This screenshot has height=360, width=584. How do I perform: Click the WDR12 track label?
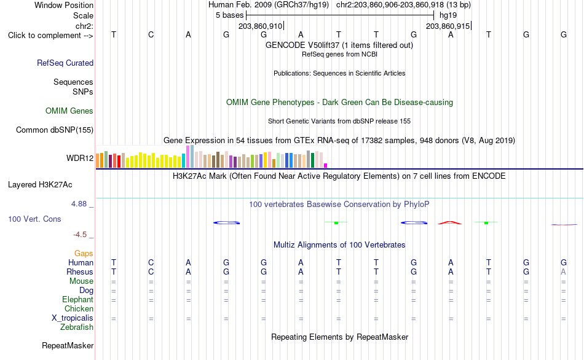[x=80, y=158]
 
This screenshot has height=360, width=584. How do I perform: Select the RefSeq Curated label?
[x=65, y=63]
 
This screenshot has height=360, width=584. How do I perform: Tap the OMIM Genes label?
[x=69, y=111]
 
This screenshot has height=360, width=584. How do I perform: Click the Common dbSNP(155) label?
[x=54, y=130]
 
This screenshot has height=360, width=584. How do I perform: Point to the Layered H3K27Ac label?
[x=40, y=185]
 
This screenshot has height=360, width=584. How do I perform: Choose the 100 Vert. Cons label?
[x=34, y=219]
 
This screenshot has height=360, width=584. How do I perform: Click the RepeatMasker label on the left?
[x=68, y=345]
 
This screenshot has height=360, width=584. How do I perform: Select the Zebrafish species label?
[x=77, y=327]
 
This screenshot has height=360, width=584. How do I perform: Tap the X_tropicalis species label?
[x=73, y=318]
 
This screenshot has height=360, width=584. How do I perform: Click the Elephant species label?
[x=77, y=300]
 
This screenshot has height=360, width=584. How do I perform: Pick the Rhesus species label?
[x=80, y=272]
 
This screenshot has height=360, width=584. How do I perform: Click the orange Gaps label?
[x=84, y=254]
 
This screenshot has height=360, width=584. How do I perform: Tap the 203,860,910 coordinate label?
[x=261, y=26]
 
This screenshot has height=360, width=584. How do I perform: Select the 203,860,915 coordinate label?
[x=448, y=26]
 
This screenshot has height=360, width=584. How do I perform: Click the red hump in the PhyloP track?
[x=450, y=222]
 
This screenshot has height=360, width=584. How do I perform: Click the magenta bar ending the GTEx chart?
[x=326, y=166]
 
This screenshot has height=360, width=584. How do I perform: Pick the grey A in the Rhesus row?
[x=563, y=272]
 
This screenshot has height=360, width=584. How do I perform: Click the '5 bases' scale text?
[x=229, y=15]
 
